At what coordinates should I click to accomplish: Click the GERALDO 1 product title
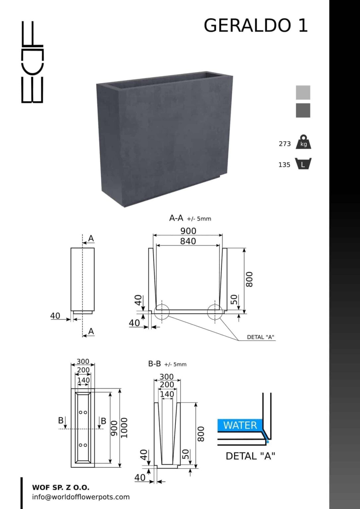coord(256,25)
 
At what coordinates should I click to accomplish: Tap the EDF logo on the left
coord(32,62)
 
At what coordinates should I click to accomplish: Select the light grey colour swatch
coord(303,92)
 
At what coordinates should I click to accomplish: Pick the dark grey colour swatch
coord(303,110)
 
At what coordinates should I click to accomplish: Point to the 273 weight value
coord(285,144)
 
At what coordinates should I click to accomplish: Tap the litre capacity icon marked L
coord(303,163)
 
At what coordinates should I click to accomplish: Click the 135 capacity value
coord(284,165)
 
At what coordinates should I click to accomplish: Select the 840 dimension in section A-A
coord(188,241)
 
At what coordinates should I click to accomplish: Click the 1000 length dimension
coord(124,428)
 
